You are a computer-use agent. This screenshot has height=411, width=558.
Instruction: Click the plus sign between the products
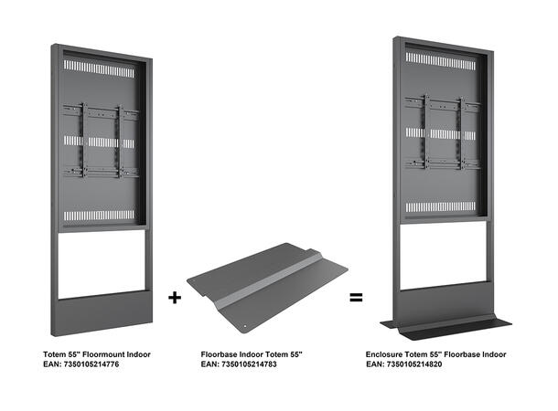(175, 297)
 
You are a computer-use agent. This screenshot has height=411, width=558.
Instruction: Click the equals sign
(357, 297)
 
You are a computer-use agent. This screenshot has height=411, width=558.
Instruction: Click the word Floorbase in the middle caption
(221, 353)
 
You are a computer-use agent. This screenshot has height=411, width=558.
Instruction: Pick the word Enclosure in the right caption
(388, 353)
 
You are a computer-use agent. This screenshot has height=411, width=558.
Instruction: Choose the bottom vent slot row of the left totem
(101, 216)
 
